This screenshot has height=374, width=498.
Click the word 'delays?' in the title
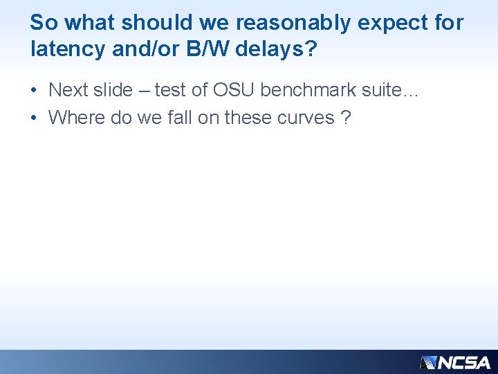(275, 49)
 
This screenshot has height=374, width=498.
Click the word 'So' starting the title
(43, 23)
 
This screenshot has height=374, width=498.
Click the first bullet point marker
(34, 90)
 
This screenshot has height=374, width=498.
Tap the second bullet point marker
(34, 118)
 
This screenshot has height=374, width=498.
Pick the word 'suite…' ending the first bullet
(393, 90)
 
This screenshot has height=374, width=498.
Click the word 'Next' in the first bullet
(67, 90)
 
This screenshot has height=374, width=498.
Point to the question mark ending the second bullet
(346, 118)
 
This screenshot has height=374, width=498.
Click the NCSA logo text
(464, 362)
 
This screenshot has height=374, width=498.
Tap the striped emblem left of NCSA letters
(429, 362)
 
